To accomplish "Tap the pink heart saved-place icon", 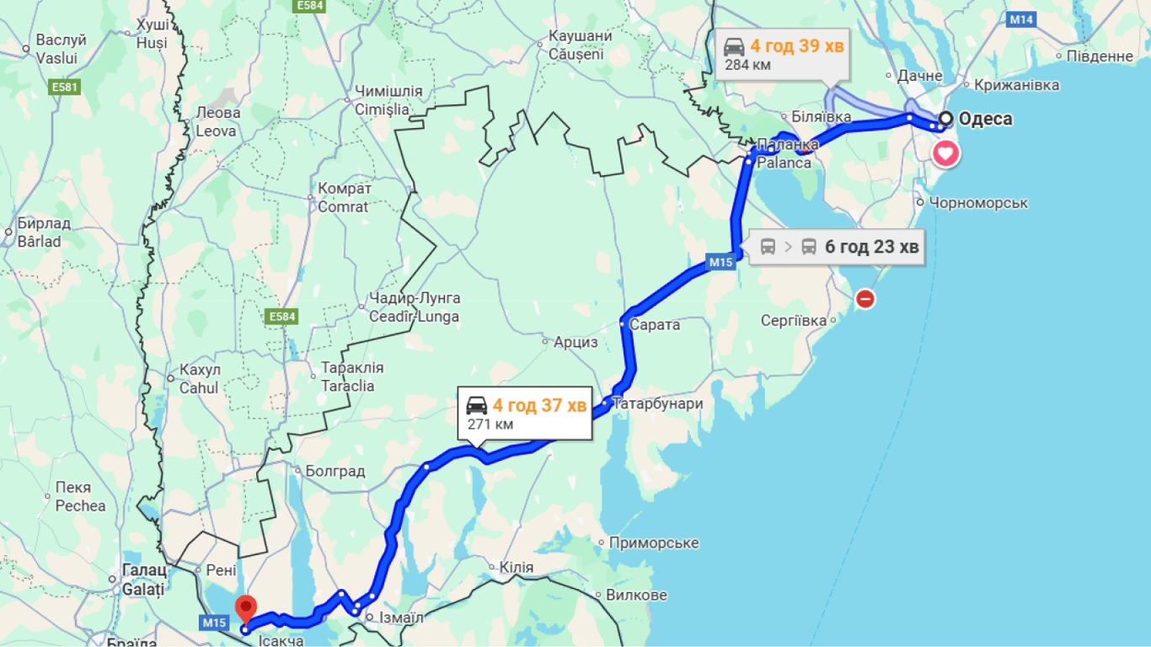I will [945, 154].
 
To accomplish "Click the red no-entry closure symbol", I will [865, 298].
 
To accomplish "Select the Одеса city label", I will [985, 119].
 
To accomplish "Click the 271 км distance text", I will [490, 424].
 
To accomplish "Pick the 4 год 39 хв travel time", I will [796, 45].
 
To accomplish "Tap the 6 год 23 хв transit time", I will [871, 247].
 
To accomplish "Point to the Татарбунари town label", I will [657, 404].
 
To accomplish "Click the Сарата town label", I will [655, 324].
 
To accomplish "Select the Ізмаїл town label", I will [401, 618].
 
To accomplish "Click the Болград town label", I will [335, 471].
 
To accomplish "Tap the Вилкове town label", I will [636, 595].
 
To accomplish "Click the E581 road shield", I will [64, 87].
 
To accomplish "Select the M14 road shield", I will [1021, 19].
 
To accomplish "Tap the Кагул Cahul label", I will [199, 379].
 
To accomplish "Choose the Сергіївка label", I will [794, 321].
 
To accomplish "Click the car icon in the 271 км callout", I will [477, 405].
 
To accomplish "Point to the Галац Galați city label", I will [142, 580].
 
